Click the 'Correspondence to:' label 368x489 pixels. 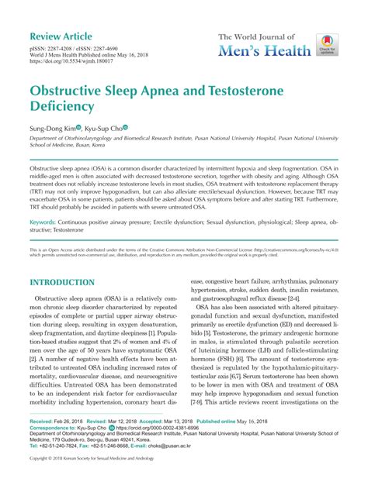pyautogui.click(x=55, y=426)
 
